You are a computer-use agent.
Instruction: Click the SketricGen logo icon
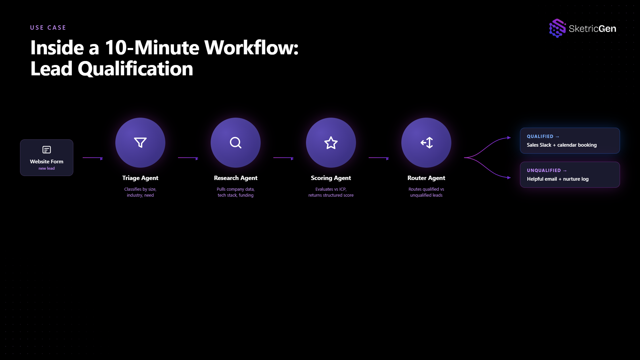557,28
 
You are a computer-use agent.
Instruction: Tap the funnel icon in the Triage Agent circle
140,142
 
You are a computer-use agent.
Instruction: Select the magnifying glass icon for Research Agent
236,143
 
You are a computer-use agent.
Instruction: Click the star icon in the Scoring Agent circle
331,143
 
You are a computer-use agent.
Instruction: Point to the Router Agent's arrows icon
426,143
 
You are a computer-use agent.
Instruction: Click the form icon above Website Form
47,150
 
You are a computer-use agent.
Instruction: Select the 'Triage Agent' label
140,178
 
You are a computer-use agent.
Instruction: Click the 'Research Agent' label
236,178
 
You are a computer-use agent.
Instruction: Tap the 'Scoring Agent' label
331,178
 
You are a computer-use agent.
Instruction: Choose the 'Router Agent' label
426,178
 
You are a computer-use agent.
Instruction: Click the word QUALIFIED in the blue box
540,136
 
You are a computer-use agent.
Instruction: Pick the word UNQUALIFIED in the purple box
544,170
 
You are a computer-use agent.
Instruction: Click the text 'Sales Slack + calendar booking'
562,145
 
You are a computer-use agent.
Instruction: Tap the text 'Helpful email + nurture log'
558,179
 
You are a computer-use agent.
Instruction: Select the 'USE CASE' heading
48,28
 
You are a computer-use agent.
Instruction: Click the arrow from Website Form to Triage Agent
93,158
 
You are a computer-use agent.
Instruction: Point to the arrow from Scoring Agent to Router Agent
379,158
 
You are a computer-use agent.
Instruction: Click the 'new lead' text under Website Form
47,168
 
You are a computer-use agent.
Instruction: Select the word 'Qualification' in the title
135,69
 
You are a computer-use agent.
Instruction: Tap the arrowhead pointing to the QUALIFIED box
509,138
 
